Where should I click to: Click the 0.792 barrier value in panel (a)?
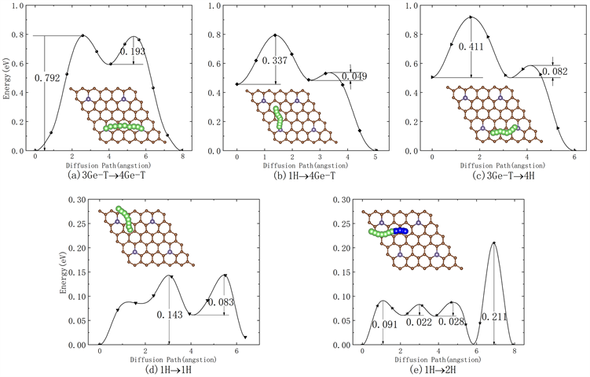pyautogui.click(x=48, y=78)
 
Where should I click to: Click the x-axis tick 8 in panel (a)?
pyautogui.click(x=182, y=156)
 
